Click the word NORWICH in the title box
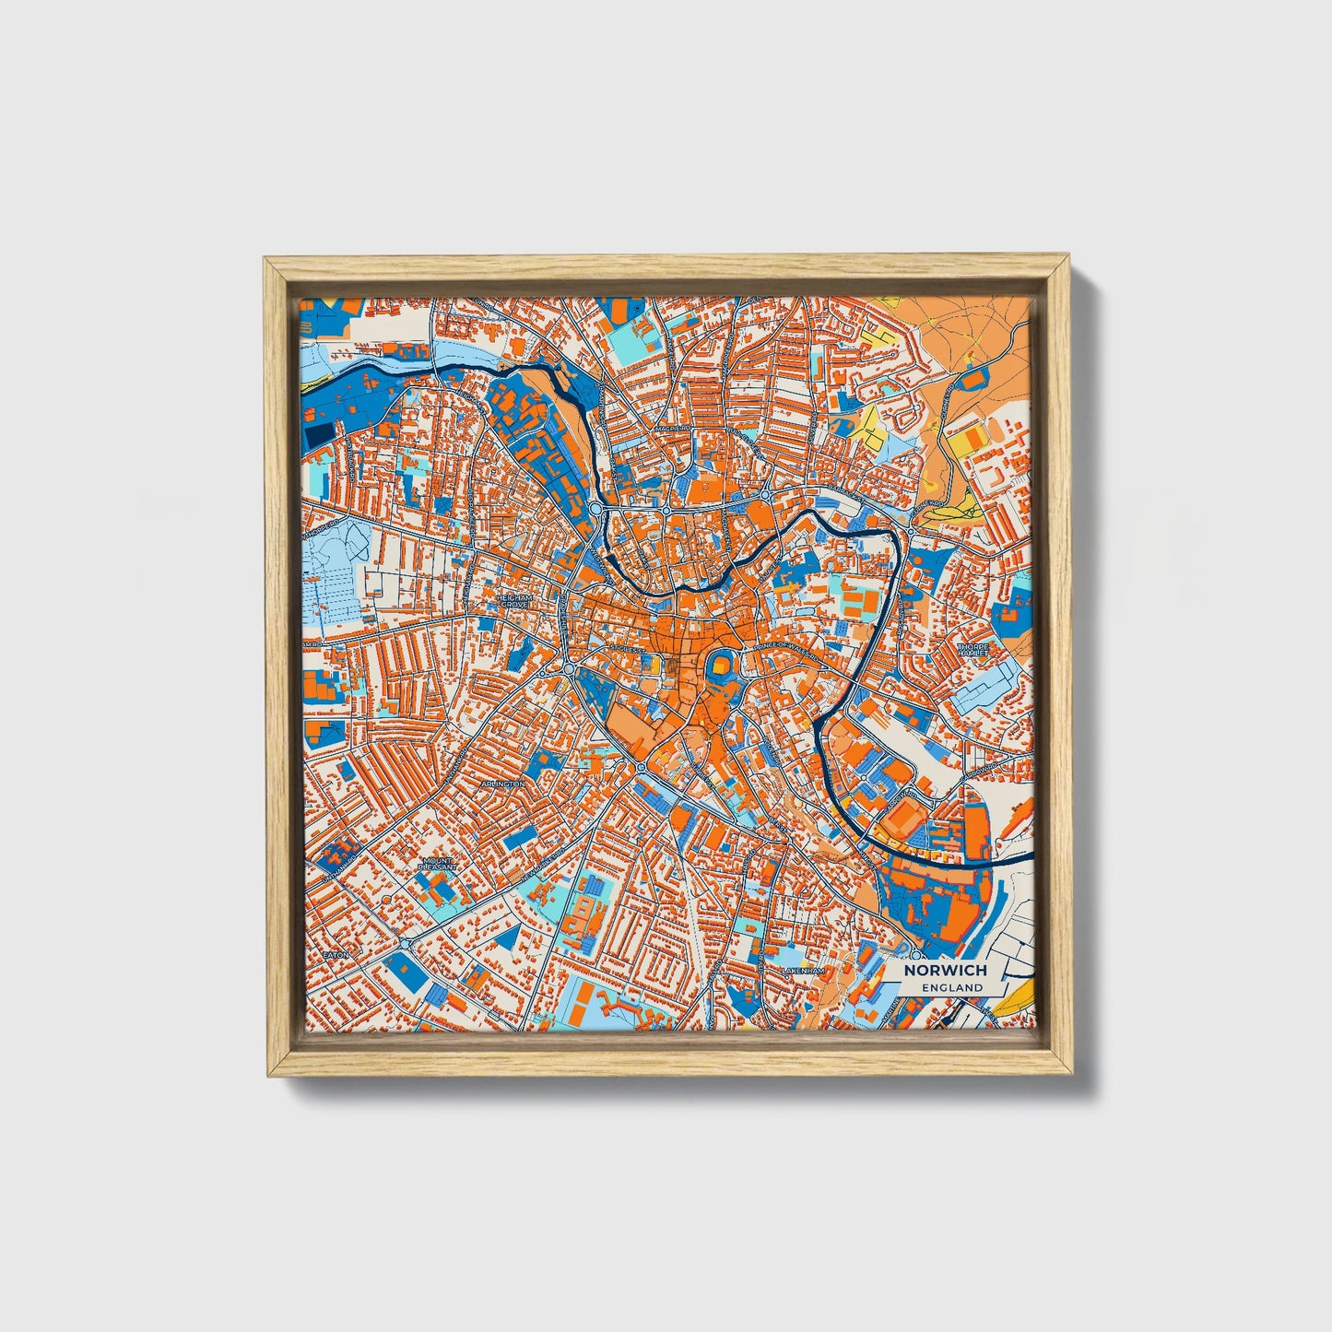pyautogui.click(x=945, y=971)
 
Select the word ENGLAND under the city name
pyautogui.click(x=951, y=987)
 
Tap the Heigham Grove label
pyautogui.click(x=514, y=600)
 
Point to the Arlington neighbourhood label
pyautogui.click(x=502, y=784)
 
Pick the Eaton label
pyautogui.click(x=336, y=955)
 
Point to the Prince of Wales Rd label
pyautogui.click(x=785, y=648)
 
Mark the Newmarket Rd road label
pyautogui.click(x=553, y=867)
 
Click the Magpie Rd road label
pyautogui.click(x=673, y=430)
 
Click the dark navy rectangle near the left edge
pyautogui.click(x=322, y=436)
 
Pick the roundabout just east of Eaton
pyautogui.click(x=407, y=943)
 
